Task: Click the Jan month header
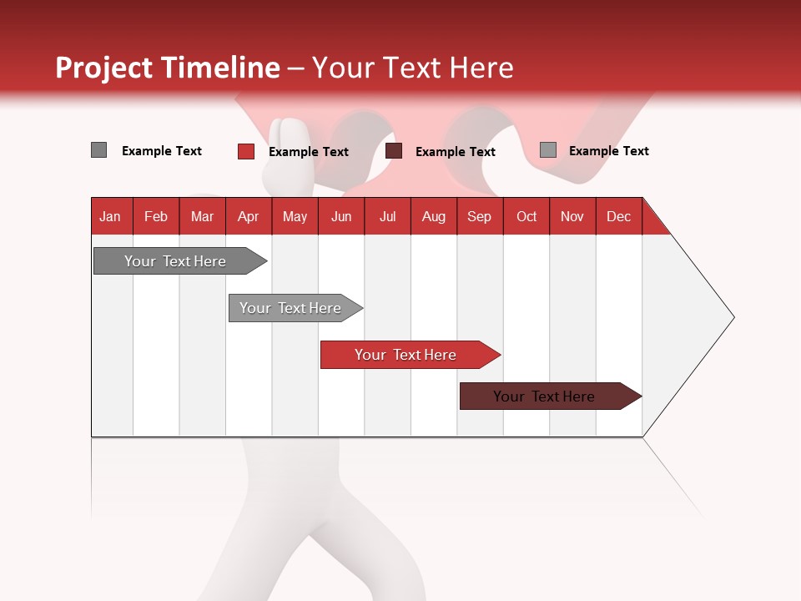pos(110,217)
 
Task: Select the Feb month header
pos(156,217)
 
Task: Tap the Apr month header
pos(248,217)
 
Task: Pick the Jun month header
pos(340,217)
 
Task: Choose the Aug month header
pos(433,217)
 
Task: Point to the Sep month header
pos(479,217)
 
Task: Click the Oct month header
pos(526,217)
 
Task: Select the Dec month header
pos(618,217)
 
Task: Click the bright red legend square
pos(246,151)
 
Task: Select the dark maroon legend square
pos(394,151)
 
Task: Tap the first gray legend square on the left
pos(98,150)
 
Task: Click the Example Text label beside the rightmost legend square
pos(608,151)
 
